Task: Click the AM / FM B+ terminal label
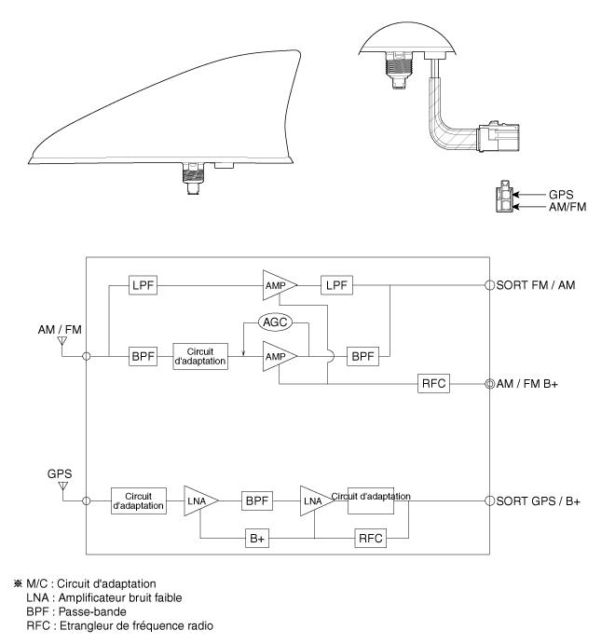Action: coord(540,384)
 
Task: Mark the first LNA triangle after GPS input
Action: coord(199,500)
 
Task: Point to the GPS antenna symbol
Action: coord(62,484)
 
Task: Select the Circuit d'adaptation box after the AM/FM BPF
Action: coord(200,356)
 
